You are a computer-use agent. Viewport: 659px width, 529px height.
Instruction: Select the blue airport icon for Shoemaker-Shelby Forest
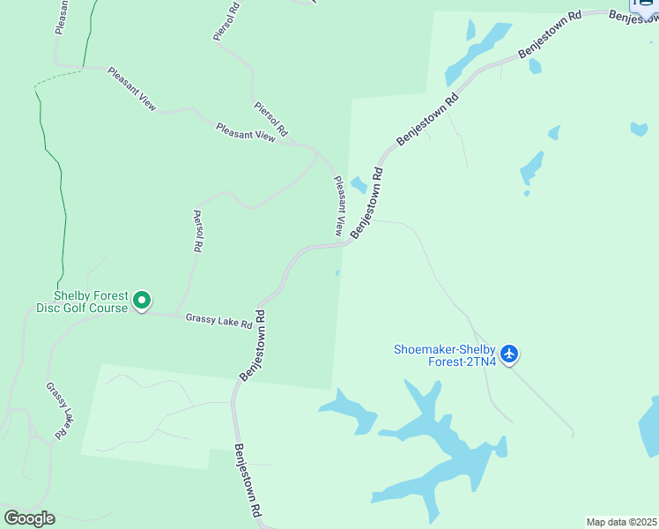(x=508, y=354)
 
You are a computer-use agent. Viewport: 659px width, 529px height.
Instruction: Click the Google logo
(x=29, y=518)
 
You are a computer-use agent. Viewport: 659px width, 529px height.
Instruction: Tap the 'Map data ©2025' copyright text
(x=621, y=522)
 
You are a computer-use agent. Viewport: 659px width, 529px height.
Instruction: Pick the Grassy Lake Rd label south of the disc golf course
(x=58, y=411)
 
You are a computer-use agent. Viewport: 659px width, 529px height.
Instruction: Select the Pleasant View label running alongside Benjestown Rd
(x=338, y=206)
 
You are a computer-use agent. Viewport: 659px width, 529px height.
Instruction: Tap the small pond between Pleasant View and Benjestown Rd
(x=359, y=184)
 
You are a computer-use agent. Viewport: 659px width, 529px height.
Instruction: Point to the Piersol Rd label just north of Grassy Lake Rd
(x=198, y=231)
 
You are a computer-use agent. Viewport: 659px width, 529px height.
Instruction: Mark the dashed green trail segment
(x=57, y=77)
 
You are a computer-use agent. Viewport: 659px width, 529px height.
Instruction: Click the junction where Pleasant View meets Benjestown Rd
(x=344, y=245)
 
